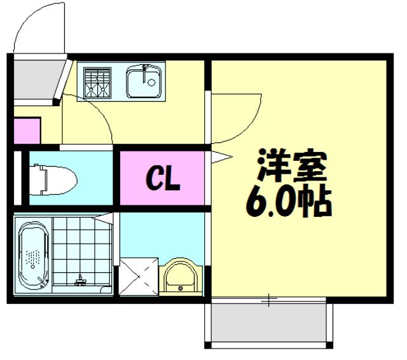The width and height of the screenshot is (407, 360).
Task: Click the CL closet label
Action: [164, 179]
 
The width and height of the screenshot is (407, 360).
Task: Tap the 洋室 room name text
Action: [291, 167]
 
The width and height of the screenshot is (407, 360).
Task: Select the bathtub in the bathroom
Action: [34, 254]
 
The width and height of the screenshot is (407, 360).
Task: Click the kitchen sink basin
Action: [145, 83]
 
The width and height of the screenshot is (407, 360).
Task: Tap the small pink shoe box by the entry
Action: [27, 130]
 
